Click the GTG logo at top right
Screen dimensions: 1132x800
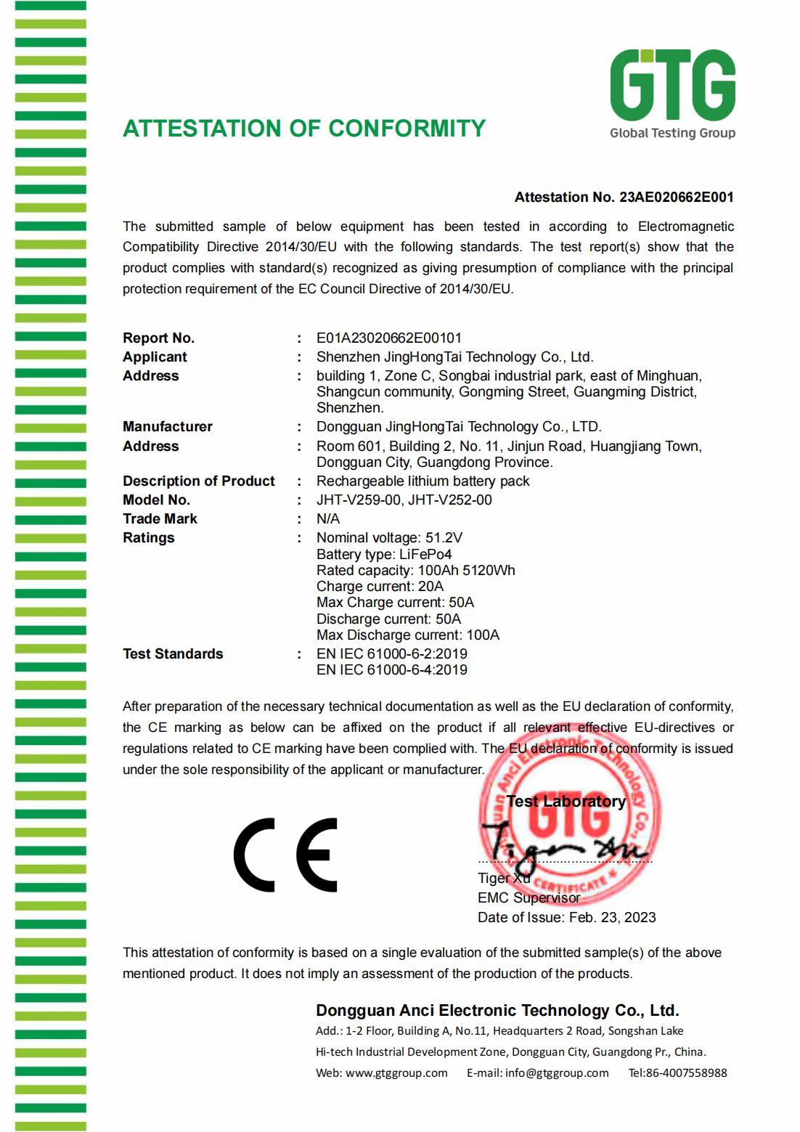pos(672,93)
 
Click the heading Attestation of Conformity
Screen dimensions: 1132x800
pos(304,129)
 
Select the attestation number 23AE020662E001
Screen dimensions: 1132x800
pos(676,197)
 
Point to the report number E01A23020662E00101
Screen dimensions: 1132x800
pos(388,338)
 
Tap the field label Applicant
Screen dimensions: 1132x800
pos(155,357)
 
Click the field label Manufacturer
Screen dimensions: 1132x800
pos(167,426)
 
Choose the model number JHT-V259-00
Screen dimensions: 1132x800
pos(359,500)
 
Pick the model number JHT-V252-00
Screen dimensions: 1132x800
pos(450,500)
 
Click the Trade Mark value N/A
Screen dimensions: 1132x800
pos(328,518)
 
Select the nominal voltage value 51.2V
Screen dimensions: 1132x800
pos(444,537)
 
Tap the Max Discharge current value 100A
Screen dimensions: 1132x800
pos(483,635)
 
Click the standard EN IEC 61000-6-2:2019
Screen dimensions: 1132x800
pos(391,653)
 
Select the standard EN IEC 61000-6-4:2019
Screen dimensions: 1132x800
pos(391,669)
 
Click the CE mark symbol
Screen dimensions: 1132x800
pos(286,855)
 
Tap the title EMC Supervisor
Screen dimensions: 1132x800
pos(528,897)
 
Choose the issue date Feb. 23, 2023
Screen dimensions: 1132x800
pos(612,917)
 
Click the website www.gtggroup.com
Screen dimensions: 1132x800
pos(396,1072)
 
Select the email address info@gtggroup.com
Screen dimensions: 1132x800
pos(557,1072)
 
